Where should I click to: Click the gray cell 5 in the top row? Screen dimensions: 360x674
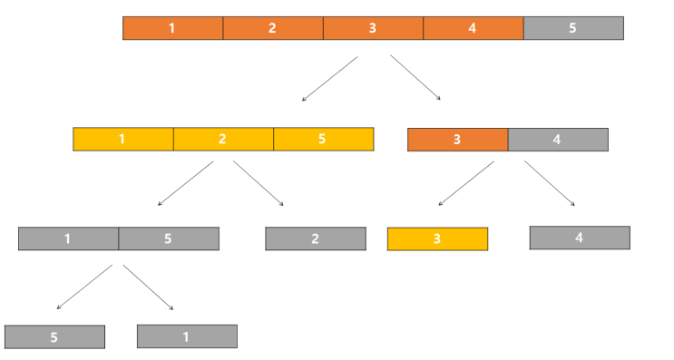[573, 28]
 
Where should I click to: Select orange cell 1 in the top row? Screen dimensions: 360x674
[172, 28]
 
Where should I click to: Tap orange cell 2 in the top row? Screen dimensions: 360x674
[272, 28]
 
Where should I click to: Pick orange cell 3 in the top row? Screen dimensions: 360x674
[372, 28]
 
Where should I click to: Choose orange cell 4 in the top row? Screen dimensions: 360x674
[473, 28]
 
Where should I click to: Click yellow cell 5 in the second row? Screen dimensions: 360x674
[323, 140]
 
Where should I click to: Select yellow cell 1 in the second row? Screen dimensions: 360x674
[122, 140]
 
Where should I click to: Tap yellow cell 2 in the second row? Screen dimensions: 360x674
[223, 140]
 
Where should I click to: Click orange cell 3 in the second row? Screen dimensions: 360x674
[457, 140]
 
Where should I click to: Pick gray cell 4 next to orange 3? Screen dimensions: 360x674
[558, 140]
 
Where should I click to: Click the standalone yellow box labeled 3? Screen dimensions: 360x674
[437, 239]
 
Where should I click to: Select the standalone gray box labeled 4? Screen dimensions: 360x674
[580, 238]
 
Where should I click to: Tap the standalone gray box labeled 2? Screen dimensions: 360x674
[315, 238]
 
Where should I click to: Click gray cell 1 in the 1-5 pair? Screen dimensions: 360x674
[68, 238]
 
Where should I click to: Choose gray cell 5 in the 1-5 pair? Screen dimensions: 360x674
[169, 238]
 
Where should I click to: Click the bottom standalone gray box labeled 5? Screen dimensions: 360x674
[54, 336]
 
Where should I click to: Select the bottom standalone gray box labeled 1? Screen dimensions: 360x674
[187, 336]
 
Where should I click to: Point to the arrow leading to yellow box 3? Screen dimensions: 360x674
[465, 183]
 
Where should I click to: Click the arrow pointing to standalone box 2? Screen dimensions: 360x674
[259, 184]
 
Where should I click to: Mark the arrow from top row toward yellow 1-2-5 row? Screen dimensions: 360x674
[329, 79]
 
